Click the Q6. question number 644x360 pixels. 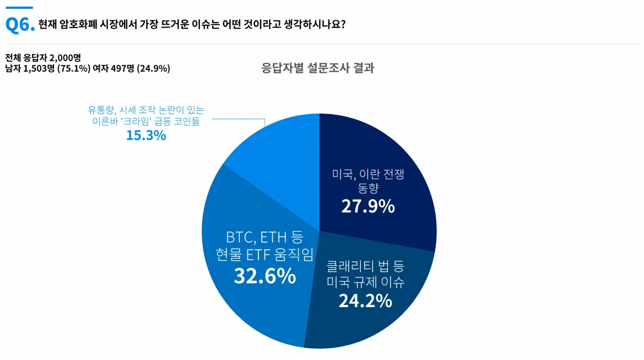click(20, 25)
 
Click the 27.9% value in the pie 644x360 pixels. click(368, 206)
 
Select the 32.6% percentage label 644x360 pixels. click(265, 276)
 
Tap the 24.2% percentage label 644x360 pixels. click(365, 301)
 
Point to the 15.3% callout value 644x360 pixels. click(146, 135)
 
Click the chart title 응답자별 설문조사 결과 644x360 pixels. click(318, 68)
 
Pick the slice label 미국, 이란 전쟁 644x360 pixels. click(368, 175)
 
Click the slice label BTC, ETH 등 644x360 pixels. click(264, 238)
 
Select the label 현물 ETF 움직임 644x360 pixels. click(265, 255)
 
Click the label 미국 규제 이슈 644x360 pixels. click(365, 283)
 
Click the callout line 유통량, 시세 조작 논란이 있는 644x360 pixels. click(146, 110)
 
